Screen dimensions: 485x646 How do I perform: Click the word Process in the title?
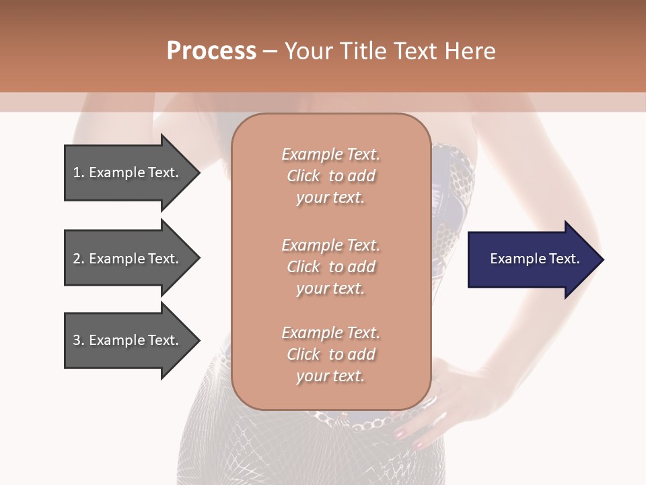click(x=211, y=51)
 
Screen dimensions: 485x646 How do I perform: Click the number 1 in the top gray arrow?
click(x=77, y=172)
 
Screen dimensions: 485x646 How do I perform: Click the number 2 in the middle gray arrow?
click(x=77, y=259)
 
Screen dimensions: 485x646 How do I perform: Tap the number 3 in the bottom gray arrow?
click(x=77, y=340)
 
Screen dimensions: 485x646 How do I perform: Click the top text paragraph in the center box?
click(x=330, y=176)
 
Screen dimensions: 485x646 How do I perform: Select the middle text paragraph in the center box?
click(x=330, y=267)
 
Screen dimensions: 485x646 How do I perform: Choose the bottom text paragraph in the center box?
click(x=330, y=354)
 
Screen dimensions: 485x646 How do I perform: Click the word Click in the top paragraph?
click(x=303, y=176)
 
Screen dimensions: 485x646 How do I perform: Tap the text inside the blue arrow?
click(x=534, y=259)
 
